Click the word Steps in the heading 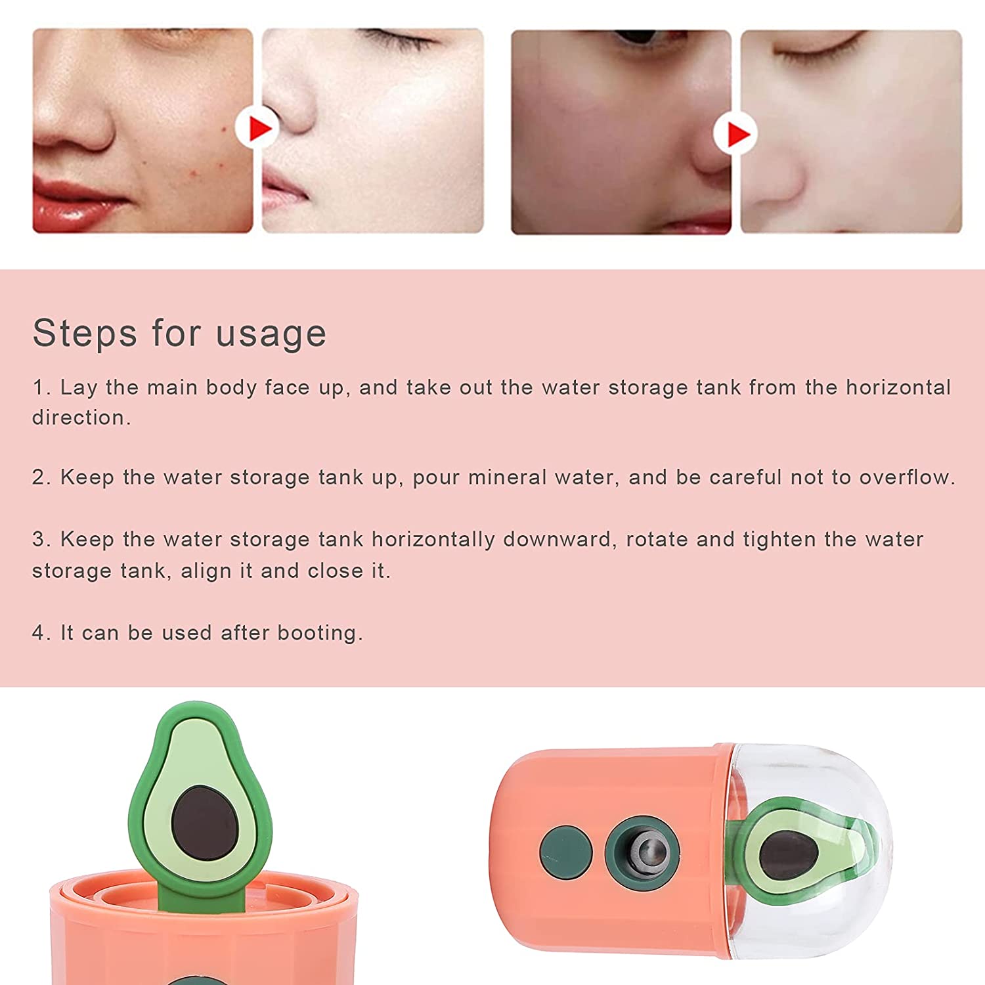point(85,333)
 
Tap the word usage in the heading point(271,333)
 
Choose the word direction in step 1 point(81,418)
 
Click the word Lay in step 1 point(79,387)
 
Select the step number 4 point(41,633)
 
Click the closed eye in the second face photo point(401,39)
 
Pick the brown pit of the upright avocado point(205,821)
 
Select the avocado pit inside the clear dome point(788,854)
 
